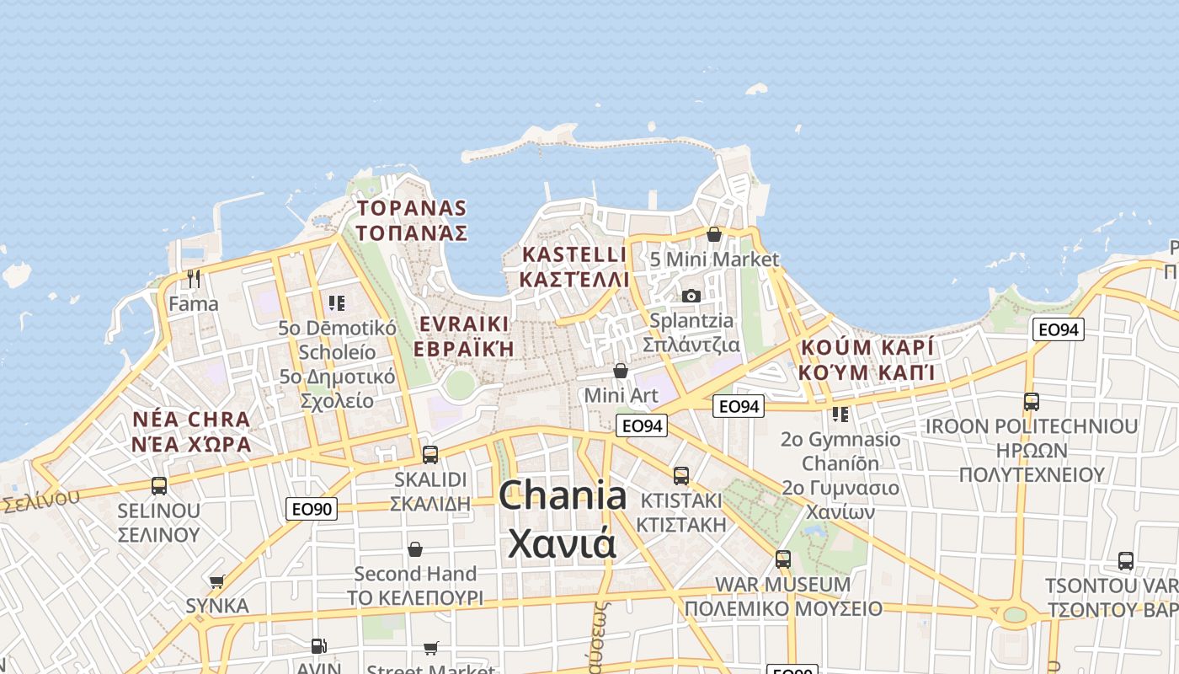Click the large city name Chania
click(562, 496)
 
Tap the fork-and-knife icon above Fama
click(194, 278)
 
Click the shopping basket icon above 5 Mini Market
click(714, 234)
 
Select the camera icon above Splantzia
click(691, 296)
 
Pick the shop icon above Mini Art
click(621, 371)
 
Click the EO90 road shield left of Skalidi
click(312, 509)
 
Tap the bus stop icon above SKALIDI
click(430, 455)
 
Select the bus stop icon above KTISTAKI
click(681, 476)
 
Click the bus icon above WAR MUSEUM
click(783, 559)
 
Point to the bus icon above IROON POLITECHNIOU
click(1032, 402)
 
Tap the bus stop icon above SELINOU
click(159, 486)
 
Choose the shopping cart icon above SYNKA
click(217, 581)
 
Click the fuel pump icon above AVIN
click(318, 646)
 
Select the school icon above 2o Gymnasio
click(840, 415)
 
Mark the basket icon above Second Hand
click(415, 549)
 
